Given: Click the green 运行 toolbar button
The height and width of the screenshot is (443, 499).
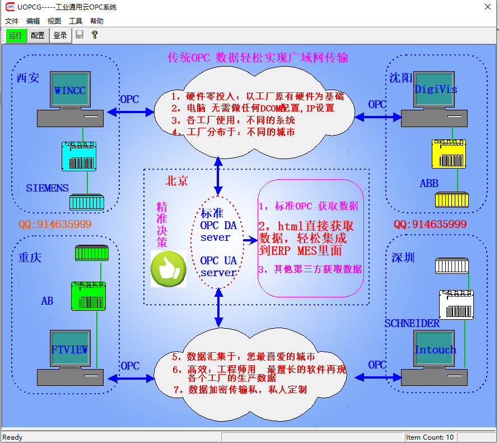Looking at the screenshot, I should tap(15, 35).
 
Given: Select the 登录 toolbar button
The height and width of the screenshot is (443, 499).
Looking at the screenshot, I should tap(60, 35).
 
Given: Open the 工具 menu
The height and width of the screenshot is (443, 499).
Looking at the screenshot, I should tap(76, 21).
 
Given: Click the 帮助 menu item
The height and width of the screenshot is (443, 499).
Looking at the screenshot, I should tap(96, 21).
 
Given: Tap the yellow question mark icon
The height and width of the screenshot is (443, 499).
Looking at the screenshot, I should tap(95, 35).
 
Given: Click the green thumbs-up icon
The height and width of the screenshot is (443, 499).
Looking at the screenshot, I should tap(169, 269).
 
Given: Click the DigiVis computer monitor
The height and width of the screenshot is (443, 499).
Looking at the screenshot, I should tap(435, 90).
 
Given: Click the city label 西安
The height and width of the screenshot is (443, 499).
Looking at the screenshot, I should tap(28, 78).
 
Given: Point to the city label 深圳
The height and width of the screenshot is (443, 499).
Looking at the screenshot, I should tap(403, 258).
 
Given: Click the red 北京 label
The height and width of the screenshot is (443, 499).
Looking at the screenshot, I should tap(176, 181).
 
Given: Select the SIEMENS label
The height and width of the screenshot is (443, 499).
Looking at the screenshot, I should tap(47, 188).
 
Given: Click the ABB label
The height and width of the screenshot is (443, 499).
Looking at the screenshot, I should tap(429, 184).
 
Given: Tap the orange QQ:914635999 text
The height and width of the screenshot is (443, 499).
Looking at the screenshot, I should tap(54, 225).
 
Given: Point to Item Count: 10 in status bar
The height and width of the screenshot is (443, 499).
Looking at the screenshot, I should tap(430, 437).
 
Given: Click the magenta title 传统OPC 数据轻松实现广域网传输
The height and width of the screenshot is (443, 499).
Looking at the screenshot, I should tap(258, 58).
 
